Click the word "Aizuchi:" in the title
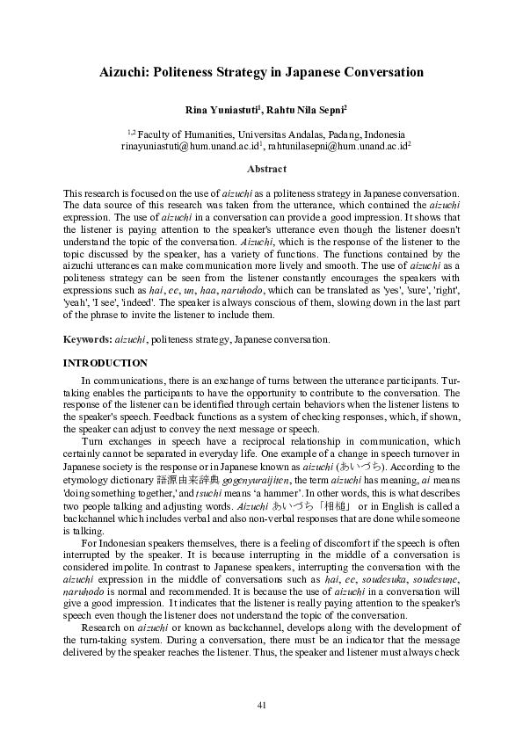tap(127, 73)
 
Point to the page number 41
tap(261, 704)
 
